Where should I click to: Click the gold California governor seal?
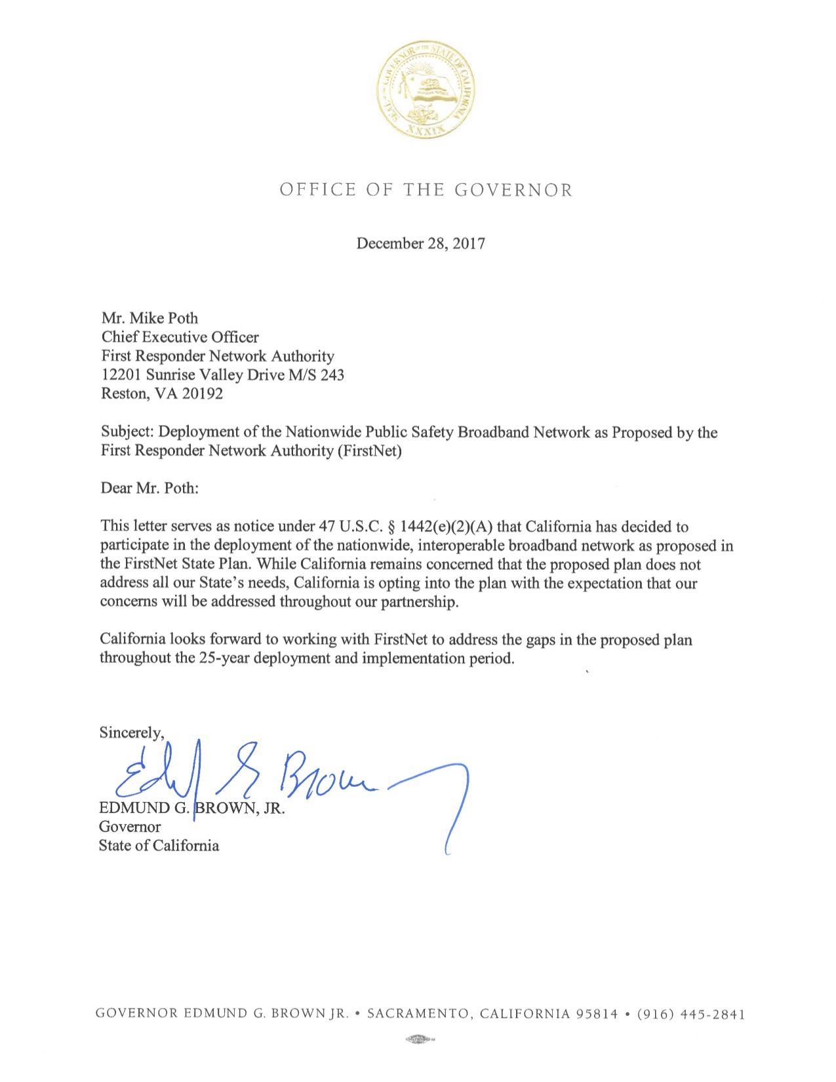[426, 89]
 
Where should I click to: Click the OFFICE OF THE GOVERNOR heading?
[426, 190]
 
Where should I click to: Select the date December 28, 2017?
[420, 243]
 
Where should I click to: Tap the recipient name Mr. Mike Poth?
[149, 318]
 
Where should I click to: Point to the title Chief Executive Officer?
[180, 337]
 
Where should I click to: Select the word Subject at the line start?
[127, 431]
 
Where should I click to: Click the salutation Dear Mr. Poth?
[149, 488]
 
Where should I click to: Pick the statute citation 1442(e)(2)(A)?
[447, 527]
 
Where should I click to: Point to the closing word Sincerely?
[131, 732]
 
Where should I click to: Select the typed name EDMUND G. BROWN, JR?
[192, 808]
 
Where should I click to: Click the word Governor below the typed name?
[130, 827]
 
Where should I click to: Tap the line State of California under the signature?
[159, 846]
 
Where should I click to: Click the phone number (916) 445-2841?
[691, 1014]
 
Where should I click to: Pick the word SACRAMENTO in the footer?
[418, 1014]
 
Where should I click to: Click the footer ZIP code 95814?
[597, 1014]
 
